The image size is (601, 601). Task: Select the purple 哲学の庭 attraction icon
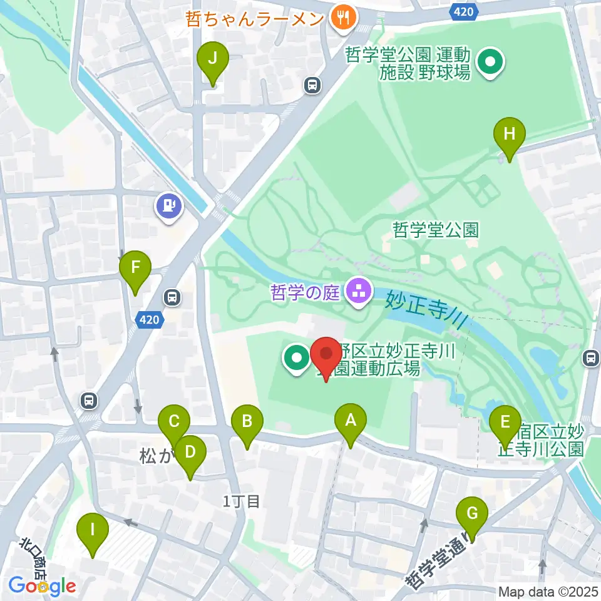click(358, 291)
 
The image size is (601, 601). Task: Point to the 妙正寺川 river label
click(426, 308)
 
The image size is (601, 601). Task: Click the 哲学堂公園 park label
click(436, 229)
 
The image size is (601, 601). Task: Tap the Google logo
click(43, 586)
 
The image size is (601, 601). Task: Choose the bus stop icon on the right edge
click(590, 358)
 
